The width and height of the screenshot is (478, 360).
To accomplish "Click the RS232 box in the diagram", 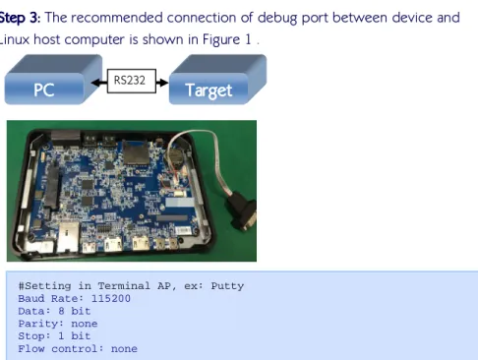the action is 132,81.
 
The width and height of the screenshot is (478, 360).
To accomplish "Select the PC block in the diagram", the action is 53,80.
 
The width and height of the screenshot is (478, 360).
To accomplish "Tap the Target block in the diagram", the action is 217,80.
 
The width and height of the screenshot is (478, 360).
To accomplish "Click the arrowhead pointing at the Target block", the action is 163,83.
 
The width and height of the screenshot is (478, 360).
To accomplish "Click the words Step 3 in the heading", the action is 19,18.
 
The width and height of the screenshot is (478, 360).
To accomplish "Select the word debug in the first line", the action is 277,19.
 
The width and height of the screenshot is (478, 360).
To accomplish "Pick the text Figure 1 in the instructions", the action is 227,40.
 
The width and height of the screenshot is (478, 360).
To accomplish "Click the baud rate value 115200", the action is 111,298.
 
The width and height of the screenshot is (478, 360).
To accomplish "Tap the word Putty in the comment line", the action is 227,286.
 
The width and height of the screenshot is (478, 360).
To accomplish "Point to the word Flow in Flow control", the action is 31,348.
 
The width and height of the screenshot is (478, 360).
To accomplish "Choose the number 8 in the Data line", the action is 61,311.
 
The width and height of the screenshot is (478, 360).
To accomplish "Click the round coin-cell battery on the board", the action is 175,158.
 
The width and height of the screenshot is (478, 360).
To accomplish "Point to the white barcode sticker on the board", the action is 183,230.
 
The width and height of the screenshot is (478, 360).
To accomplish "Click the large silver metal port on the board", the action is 68,237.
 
